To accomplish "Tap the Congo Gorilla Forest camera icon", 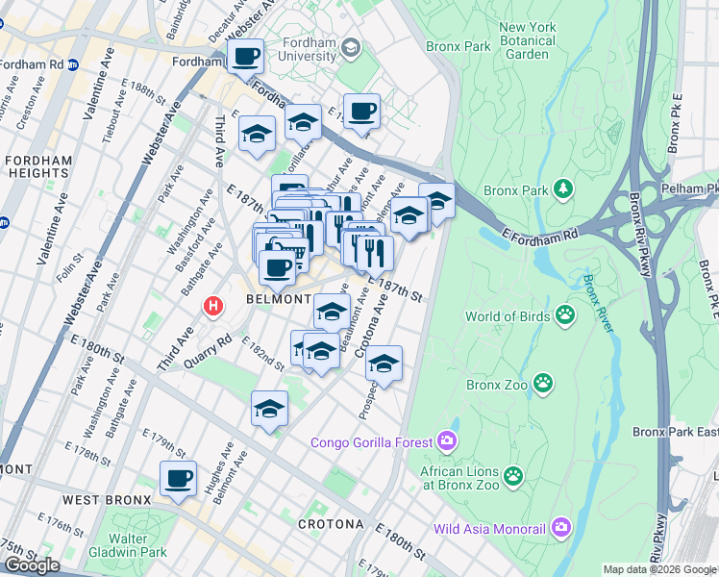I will point(446,442).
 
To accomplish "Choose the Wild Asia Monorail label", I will point(490,528).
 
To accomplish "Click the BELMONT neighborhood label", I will point(277,299).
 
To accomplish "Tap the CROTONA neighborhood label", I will point(331,524).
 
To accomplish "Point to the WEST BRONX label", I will point(107,500).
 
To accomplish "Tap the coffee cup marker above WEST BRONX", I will point(178,478).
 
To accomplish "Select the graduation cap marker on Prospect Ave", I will point(384,364).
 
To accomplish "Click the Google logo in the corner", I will point(32,565).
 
